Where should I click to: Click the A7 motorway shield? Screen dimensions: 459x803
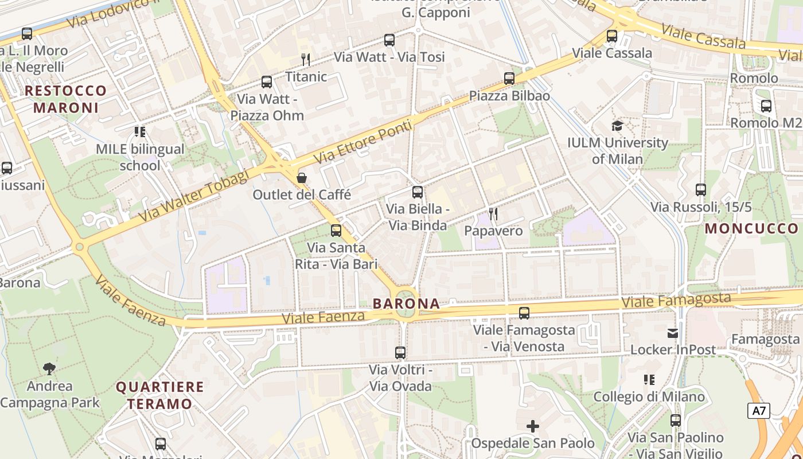click(x=759, y=411)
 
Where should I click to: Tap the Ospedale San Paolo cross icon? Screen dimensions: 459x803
click(x=533, y=426)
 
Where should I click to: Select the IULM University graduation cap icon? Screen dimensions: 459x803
click(x=617, y=126)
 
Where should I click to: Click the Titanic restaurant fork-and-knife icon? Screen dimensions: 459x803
click(x=306, y=59)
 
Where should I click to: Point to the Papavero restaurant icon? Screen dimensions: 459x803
click(x=493, y=214)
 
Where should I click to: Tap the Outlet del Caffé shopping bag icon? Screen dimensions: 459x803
click(x=302, y=178)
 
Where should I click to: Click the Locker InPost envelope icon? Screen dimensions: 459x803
click(x=673, y=333)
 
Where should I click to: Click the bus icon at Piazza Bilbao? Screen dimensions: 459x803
click(x=509, y=79)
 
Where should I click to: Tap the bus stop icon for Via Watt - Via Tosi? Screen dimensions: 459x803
click(x=389, y=40)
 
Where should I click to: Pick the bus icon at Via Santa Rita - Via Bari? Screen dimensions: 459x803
click(x=336, y=231)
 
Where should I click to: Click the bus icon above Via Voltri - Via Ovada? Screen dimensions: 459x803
click(x=400, y=353)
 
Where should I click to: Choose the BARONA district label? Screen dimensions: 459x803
click(x=406, y=304)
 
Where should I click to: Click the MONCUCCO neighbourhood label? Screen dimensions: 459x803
click(x=751, y=228)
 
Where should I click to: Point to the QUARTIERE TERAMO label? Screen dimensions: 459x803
click(x=159, y=395)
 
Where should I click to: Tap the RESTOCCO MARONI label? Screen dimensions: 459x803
click(x=66, y=99)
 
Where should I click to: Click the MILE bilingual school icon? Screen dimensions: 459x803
click(x=140, y=132)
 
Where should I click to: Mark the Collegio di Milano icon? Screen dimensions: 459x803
click(x=649, y=379)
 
